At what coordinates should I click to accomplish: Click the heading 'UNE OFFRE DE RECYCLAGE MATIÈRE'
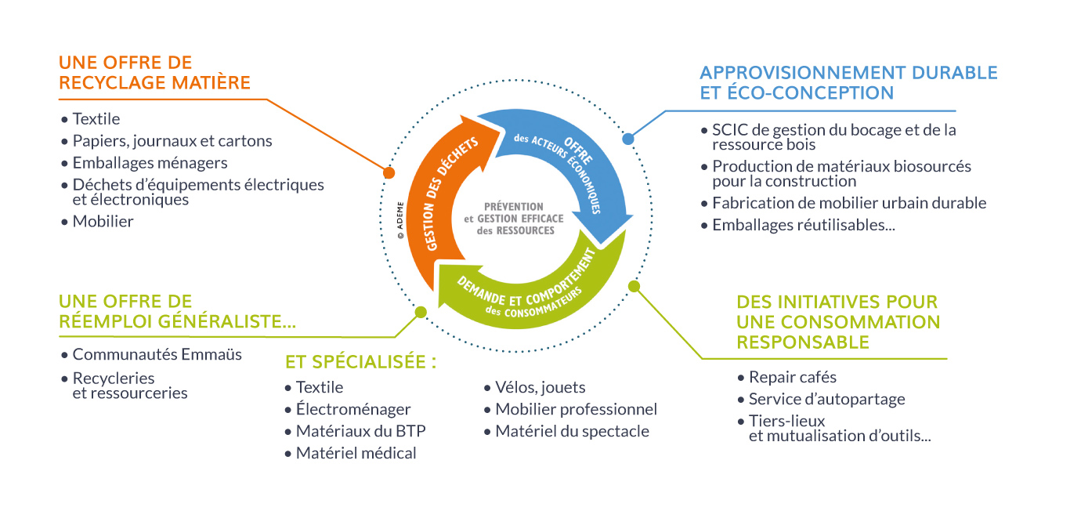point(154,72)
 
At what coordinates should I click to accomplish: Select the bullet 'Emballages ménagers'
point(150,163)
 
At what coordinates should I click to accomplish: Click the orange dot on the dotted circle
point(389,172)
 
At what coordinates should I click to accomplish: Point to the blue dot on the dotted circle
point(627,139)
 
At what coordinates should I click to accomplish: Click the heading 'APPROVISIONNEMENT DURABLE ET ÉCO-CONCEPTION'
point(848,82)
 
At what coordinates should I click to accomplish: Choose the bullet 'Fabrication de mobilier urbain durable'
point(848,203)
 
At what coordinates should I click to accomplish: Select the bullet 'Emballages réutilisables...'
point(803,225)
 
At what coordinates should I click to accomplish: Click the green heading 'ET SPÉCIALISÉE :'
point(360,362)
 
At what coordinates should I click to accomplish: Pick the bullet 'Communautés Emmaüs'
point(157,354)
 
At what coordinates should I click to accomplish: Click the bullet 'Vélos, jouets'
point(540,387)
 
